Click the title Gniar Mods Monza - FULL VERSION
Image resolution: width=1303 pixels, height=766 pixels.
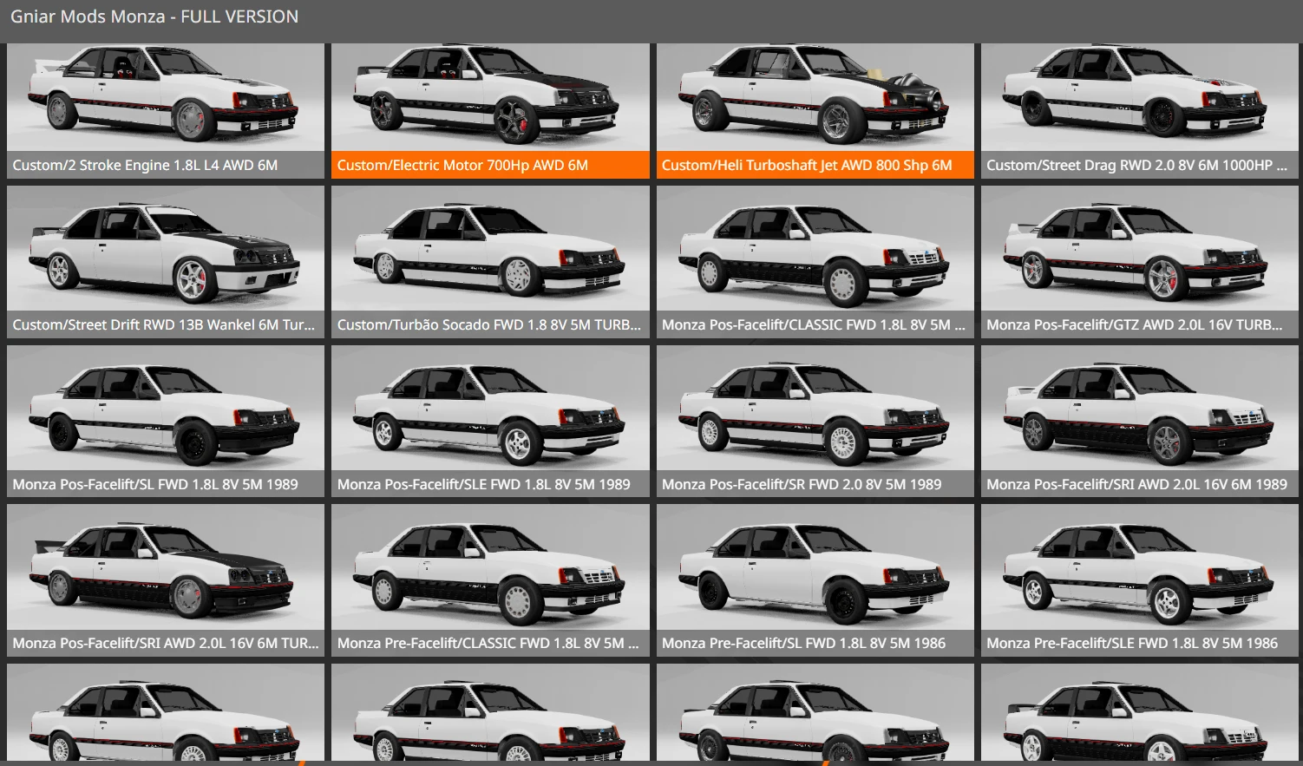154,16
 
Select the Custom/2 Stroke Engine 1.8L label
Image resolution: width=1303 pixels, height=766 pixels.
145,165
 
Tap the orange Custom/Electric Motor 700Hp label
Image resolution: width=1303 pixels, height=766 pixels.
462,165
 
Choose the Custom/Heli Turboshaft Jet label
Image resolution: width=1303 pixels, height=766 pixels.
807,165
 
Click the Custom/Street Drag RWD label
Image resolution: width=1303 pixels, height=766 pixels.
1136,165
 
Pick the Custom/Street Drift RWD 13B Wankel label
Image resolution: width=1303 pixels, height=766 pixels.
163,324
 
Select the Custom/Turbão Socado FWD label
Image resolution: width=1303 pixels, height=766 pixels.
489,324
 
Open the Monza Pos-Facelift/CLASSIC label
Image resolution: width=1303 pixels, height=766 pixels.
814,324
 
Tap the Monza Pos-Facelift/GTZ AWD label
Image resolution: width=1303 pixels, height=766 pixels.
1134,324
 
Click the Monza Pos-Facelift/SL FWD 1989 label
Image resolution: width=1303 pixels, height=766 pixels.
155,484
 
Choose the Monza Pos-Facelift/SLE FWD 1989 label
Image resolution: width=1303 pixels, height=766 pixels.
484,484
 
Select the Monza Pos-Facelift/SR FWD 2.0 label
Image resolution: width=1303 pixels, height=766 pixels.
802,484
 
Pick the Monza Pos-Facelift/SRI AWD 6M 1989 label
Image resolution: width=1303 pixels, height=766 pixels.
1136,484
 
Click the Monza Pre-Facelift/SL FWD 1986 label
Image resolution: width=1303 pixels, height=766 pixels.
803,643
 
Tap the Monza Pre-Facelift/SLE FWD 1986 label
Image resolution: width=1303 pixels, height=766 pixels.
1132,643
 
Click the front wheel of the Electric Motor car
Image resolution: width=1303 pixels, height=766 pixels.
517,121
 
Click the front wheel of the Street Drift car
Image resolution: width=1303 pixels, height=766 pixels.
192,280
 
